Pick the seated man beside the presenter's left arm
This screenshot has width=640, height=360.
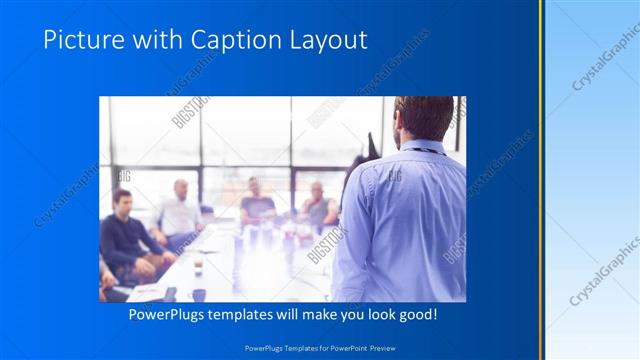click(318, 204)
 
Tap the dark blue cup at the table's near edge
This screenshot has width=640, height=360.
click(199, 295)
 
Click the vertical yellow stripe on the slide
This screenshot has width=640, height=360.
click(541, 180)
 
